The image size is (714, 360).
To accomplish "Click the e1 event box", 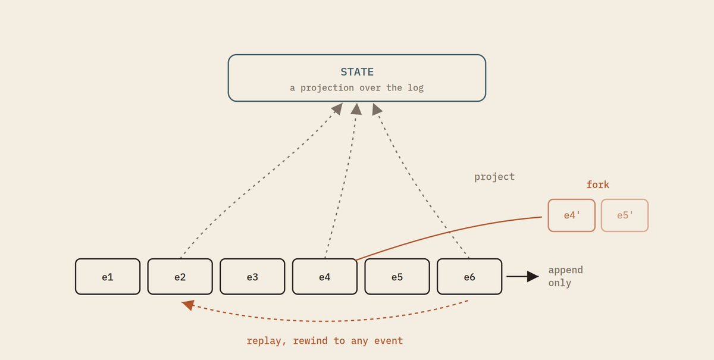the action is click(108, 277).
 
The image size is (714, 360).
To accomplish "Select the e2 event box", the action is click(180, 277).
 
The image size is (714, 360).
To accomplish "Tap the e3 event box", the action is click(252, 277).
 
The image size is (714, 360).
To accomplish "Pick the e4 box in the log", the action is click(325, 277).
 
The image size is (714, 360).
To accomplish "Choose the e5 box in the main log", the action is click(397, 277).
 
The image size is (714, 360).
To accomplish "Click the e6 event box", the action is click(469, 277).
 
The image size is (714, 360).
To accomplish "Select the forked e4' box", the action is click(572, 215).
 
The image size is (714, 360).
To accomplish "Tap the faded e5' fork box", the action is click(625, 215).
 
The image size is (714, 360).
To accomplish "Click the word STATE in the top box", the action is click(357, 72).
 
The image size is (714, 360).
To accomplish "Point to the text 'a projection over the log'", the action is click(356, 87).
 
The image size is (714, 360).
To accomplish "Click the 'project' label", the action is click(494, 177).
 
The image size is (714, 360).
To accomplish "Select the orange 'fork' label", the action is click(598, 184).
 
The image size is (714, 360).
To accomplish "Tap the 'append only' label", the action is click(565, 277).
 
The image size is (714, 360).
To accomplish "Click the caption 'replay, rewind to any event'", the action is click(325, 341).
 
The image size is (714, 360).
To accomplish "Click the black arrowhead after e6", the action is click(533, 277).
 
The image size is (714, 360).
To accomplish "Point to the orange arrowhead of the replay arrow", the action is click(188, 305).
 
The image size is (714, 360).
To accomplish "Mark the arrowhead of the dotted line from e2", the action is click(337, 108).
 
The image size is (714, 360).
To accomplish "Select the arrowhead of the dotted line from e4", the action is click(356, 109).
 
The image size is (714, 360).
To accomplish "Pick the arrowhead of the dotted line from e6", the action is click(377, 109).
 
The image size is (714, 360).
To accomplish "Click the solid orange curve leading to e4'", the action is click(446, 232).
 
